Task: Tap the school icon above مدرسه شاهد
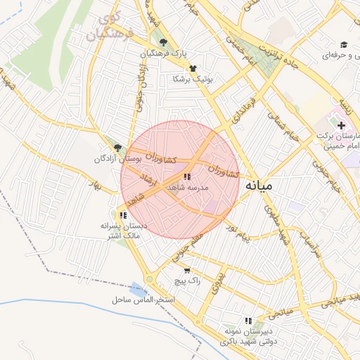[187, 176]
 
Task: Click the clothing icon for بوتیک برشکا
[191, 68]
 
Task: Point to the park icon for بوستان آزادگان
[117, 148]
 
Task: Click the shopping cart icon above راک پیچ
[187, 270]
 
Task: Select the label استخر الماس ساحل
[142, 300]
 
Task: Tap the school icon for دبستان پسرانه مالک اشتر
[124, 215]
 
